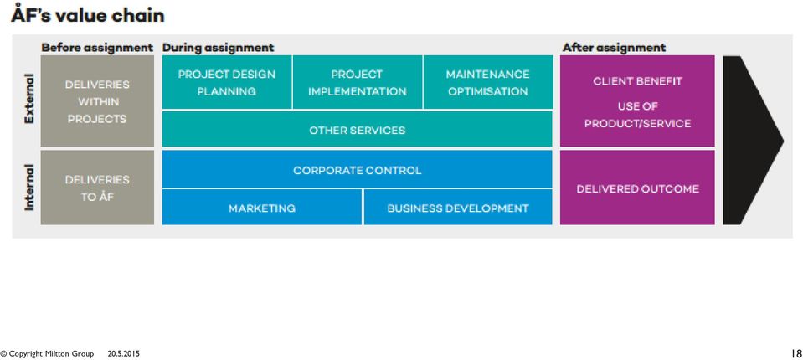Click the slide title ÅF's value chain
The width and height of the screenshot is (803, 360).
click(88, 14)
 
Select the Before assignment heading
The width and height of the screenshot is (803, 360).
click(97, 48)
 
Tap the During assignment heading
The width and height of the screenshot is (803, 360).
click(219, 48)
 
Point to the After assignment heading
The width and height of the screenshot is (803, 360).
click(614, 48)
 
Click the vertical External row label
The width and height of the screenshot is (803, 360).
click(29, 99)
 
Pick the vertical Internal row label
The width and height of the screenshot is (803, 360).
click(29, 188)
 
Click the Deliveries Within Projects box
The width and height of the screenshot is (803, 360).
click(97, 100)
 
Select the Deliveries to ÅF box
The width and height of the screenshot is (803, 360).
click(97, 188)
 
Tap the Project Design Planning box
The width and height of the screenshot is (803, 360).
click(227, 82)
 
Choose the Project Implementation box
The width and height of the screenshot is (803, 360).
click(358, 82)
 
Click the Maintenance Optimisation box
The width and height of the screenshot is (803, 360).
click(488, 82)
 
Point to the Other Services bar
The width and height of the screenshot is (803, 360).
click(358, 129)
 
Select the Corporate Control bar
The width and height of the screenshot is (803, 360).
click(358, 169)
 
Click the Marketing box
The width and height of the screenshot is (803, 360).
click(262, 208)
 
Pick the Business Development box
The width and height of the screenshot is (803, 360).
click(458, 208)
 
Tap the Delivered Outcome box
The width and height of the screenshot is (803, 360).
click(637, 188)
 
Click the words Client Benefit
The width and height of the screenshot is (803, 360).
click(637, 81)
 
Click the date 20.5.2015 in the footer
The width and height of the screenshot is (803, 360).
click(123, 354)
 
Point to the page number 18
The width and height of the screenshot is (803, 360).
click(796, 354)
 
